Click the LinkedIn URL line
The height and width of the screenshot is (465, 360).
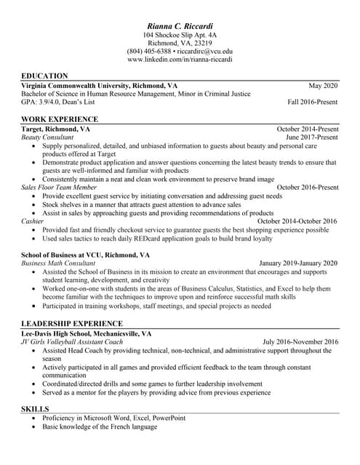coord(180,60)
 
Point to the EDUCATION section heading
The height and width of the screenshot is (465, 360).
coord(44,76)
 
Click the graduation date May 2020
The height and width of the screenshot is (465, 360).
coord(324,85)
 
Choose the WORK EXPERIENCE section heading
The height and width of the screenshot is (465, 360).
coord(60,119)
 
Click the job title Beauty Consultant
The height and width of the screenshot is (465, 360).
coord(47,137)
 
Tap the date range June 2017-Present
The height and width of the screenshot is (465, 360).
coord(312,137)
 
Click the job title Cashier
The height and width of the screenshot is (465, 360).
coord(32,221)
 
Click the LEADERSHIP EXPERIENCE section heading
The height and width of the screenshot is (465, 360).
coord(72,323)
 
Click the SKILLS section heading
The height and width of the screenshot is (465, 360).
coord(36,410)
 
